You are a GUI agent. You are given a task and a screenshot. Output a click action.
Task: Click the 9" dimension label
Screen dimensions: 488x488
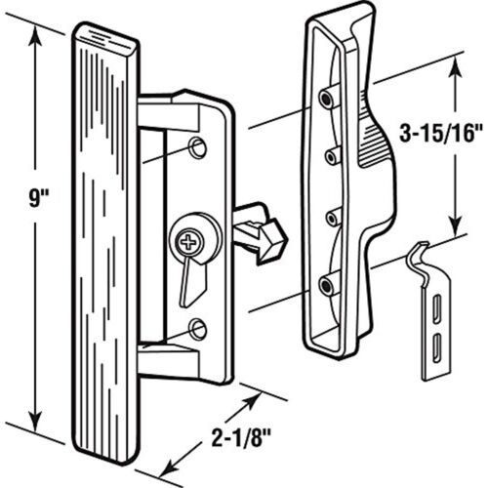point(38,198)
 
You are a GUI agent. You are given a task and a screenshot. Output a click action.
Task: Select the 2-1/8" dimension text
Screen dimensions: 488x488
point(241,437)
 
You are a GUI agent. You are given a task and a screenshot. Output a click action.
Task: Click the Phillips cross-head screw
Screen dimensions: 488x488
point(187,242)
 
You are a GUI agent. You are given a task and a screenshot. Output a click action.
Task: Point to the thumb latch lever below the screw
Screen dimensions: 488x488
point(192,282)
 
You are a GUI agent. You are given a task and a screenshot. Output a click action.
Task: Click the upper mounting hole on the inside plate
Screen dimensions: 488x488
point(197,147)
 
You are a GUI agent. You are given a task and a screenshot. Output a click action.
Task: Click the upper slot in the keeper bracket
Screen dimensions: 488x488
point(436,305)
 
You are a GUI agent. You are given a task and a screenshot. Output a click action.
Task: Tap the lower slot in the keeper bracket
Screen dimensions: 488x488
point(436,346)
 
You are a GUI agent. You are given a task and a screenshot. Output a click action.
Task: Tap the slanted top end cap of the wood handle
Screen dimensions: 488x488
point(105,36)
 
